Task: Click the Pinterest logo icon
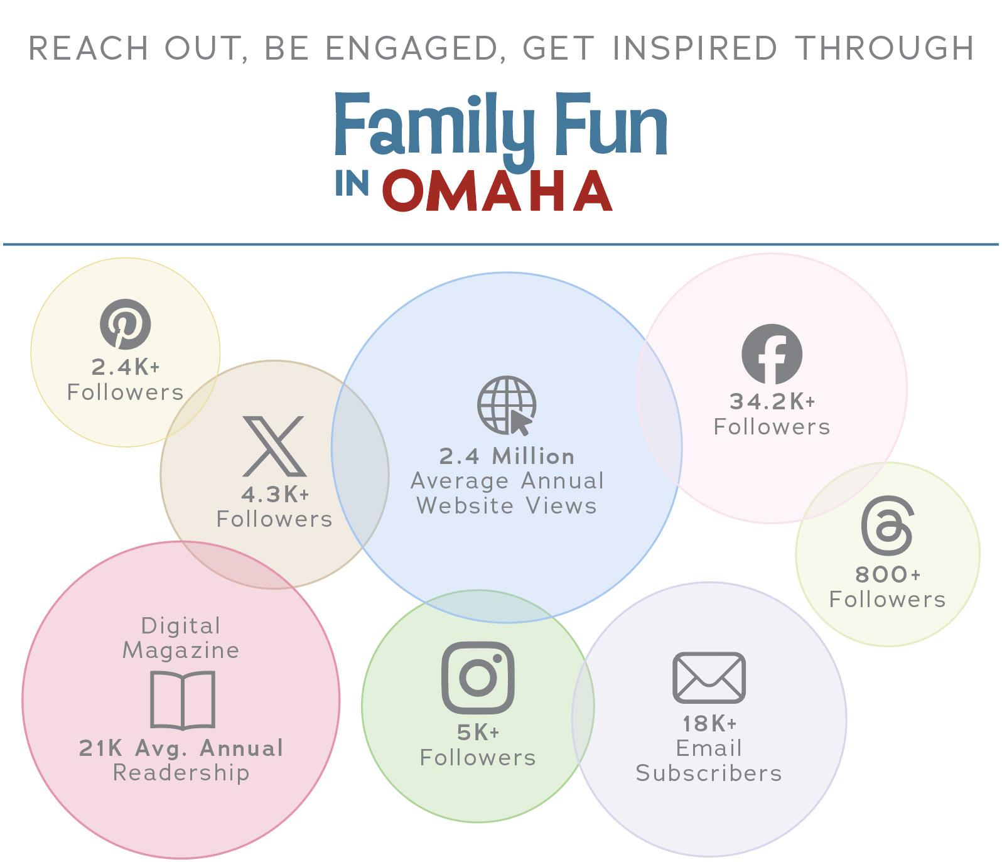coord(126,324)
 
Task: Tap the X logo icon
coord(274,446)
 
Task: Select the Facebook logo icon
coord(772,354)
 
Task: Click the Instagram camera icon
coord(478,677)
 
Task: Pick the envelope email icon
coord(709,677)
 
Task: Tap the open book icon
coord(183,700)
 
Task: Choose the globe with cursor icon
coord(507,406)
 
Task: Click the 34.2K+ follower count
coord(772,402)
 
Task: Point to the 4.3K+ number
coord(275,495)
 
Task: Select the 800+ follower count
coord(888,574)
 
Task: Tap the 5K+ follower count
coord(478,733)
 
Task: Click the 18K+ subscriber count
coord(709,724)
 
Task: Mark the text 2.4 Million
coord(507,456)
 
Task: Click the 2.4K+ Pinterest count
coord(126,367)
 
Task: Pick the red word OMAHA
coord(497,190)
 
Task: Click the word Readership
coord(181,773)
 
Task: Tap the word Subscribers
coord(709,773)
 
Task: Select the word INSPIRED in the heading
coord(695,48)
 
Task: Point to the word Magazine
coord(181,650)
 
